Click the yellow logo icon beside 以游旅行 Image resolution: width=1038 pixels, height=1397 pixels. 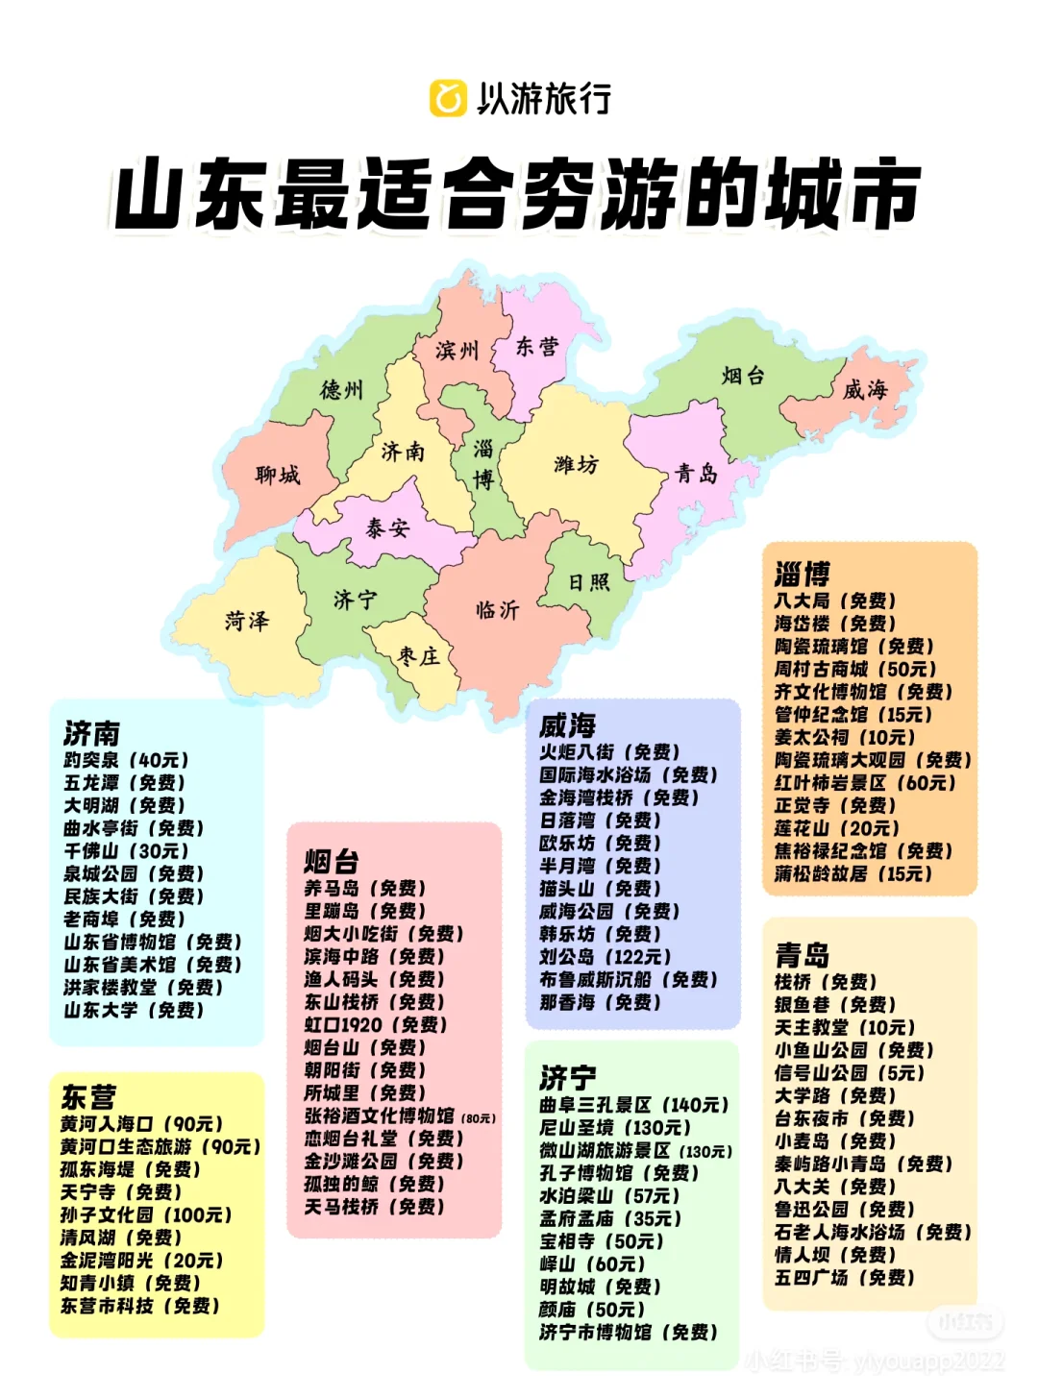tap(448, 98)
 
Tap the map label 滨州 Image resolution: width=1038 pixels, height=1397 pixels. tap(457, 351)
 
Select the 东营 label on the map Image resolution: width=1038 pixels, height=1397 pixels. tap(536, 347)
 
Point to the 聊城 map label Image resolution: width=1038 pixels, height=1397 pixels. tap(278, 475)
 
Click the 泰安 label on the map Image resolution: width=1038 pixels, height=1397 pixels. tap(387, 527)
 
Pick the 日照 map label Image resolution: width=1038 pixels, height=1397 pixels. tap(588, 582)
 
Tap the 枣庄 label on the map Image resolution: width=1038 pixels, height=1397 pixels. tap(419, 656)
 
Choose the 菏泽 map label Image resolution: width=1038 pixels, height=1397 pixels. tap(247, 621)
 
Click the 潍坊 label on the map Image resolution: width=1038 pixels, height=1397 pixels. tap(576, 465)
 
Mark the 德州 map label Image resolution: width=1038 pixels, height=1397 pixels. tap(342, 390)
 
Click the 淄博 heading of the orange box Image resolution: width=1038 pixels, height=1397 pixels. tap(803, 575)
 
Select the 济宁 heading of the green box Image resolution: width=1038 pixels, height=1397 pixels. tap(568, 1077)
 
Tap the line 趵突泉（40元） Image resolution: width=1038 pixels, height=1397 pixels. tap(127, 760)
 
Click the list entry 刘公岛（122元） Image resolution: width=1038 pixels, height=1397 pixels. tap(605, 957)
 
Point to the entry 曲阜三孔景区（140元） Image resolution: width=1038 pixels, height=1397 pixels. tap(634, 1105)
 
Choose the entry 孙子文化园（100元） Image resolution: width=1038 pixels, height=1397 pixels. tap(146, 1214)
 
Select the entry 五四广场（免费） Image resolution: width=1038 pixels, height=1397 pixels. tap(845, 1278)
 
